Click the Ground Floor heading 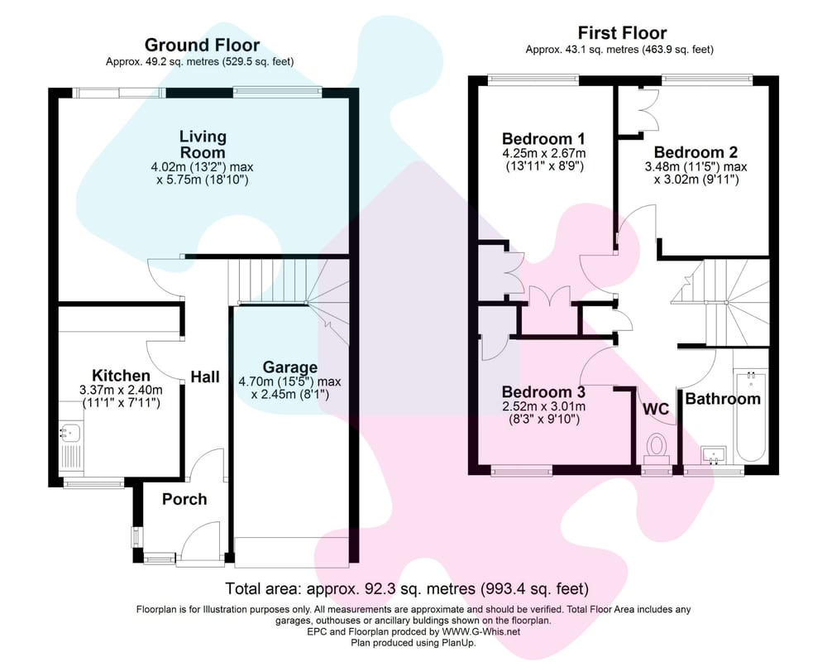tap(202, 45)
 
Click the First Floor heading tap(623, 33)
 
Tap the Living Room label tap(203, 144)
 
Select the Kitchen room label tap(121, 376)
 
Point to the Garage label tap(290, 367)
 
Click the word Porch tap(184, 499)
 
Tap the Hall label tap(205, 377)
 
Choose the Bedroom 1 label tap(543, 139)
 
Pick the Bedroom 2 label tap(696, 152)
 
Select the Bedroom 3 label tap(543, 392)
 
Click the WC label tap(656, 409)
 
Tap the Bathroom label tap(723, 399)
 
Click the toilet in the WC tap(657, 449)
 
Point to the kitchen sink tap(69, 434)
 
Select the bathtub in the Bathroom tap(751, 416)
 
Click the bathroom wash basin tap(714, 454)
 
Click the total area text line tap(407, 588)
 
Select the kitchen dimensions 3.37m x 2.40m tap(121, 390)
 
